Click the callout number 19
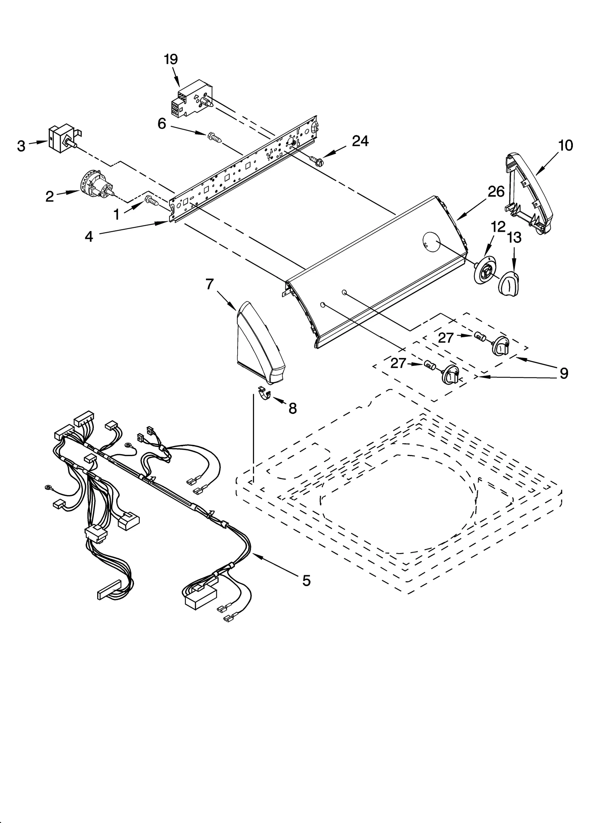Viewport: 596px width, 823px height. (x=171, y=59)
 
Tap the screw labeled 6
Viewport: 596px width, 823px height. (x=215, y=138)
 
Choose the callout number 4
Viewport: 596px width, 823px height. (x=89, y=236)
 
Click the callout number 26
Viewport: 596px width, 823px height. (x=496, y=191)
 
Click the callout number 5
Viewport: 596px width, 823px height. (x=306, y=580)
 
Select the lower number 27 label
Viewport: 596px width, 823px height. (x=398, y=363)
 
